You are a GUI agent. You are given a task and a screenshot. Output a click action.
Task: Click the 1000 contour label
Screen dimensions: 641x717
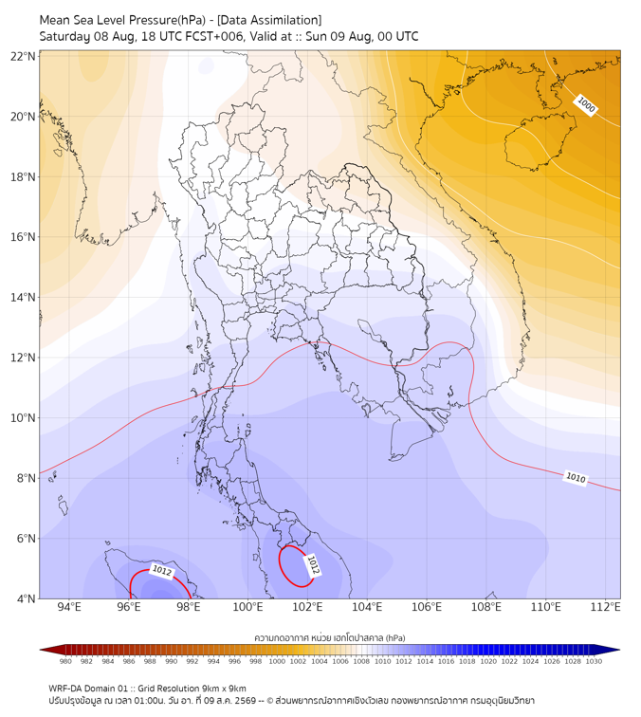(x=586, y=105)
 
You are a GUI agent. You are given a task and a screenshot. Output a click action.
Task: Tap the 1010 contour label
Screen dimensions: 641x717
(x=576, y=478)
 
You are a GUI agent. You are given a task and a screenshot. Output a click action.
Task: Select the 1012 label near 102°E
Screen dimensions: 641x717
(x=313, y=564)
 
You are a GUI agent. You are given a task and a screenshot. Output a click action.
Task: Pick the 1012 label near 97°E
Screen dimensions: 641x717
(x=162, y=571)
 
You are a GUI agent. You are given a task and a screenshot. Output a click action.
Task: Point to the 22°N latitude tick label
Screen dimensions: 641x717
(x=23, y=56)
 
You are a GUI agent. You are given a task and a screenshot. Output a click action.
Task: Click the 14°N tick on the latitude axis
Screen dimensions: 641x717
(x=23, y=297)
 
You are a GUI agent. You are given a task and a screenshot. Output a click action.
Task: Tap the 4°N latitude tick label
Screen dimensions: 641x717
(x=27, y=598)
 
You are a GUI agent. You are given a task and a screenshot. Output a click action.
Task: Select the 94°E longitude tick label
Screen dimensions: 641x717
(x=69, y=607)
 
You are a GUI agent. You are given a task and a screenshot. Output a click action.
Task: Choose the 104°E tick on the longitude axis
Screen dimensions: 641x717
(x=367, y=607)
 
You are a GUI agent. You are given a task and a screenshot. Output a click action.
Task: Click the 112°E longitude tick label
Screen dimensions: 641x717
(x=605, y=607)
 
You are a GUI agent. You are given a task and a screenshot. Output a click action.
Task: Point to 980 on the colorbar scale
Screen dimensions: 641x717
(x=65, y=661)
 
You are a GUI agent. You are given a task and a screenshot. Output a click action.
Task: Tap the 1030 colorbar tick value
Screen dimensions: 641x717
(x=594, y=661)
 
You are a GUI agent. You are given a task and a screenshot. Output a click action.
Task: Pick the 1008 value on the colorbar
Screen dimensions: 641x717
(x=361, y=661)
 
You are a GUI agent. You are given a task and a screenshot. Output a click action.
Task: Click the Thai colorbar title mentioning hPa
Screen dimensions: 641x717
(x=330, y=637)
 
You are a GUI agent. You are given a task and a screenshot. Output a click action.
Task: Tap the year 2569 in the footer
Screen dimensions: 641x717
(x=246, y=701)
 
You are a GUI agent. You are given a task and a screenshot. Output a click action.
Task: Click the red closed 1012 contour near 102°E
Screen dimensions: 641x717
(x=280, y=566)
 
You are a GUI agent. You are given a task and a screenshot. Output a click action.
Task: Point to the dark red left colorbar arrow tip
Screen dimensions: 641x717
(x=40, y=650)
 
